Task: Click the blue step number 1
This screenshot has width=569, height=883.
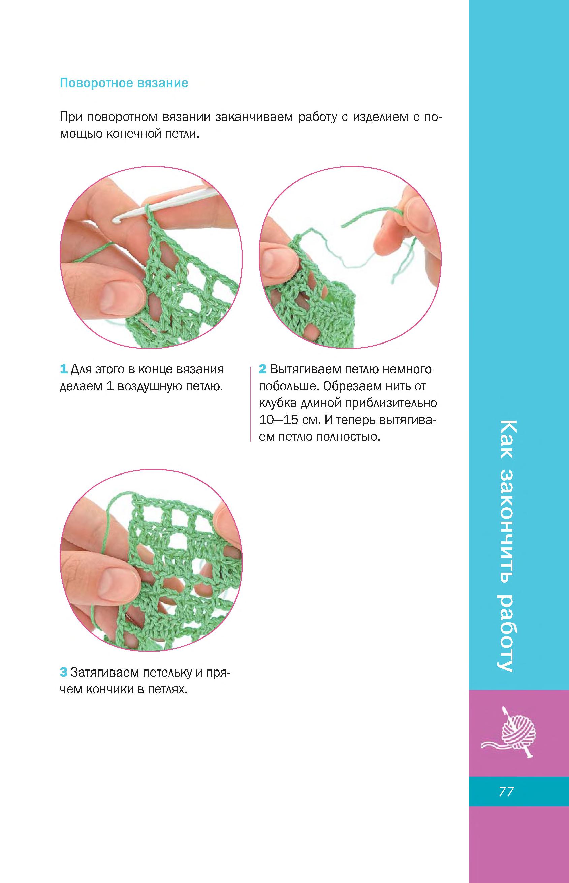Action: pos(63,369)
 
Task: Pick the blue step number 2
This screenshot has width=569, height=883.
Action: pos(262,369)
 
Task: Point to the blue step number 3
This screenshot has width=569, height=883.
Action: pos(63,672)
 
